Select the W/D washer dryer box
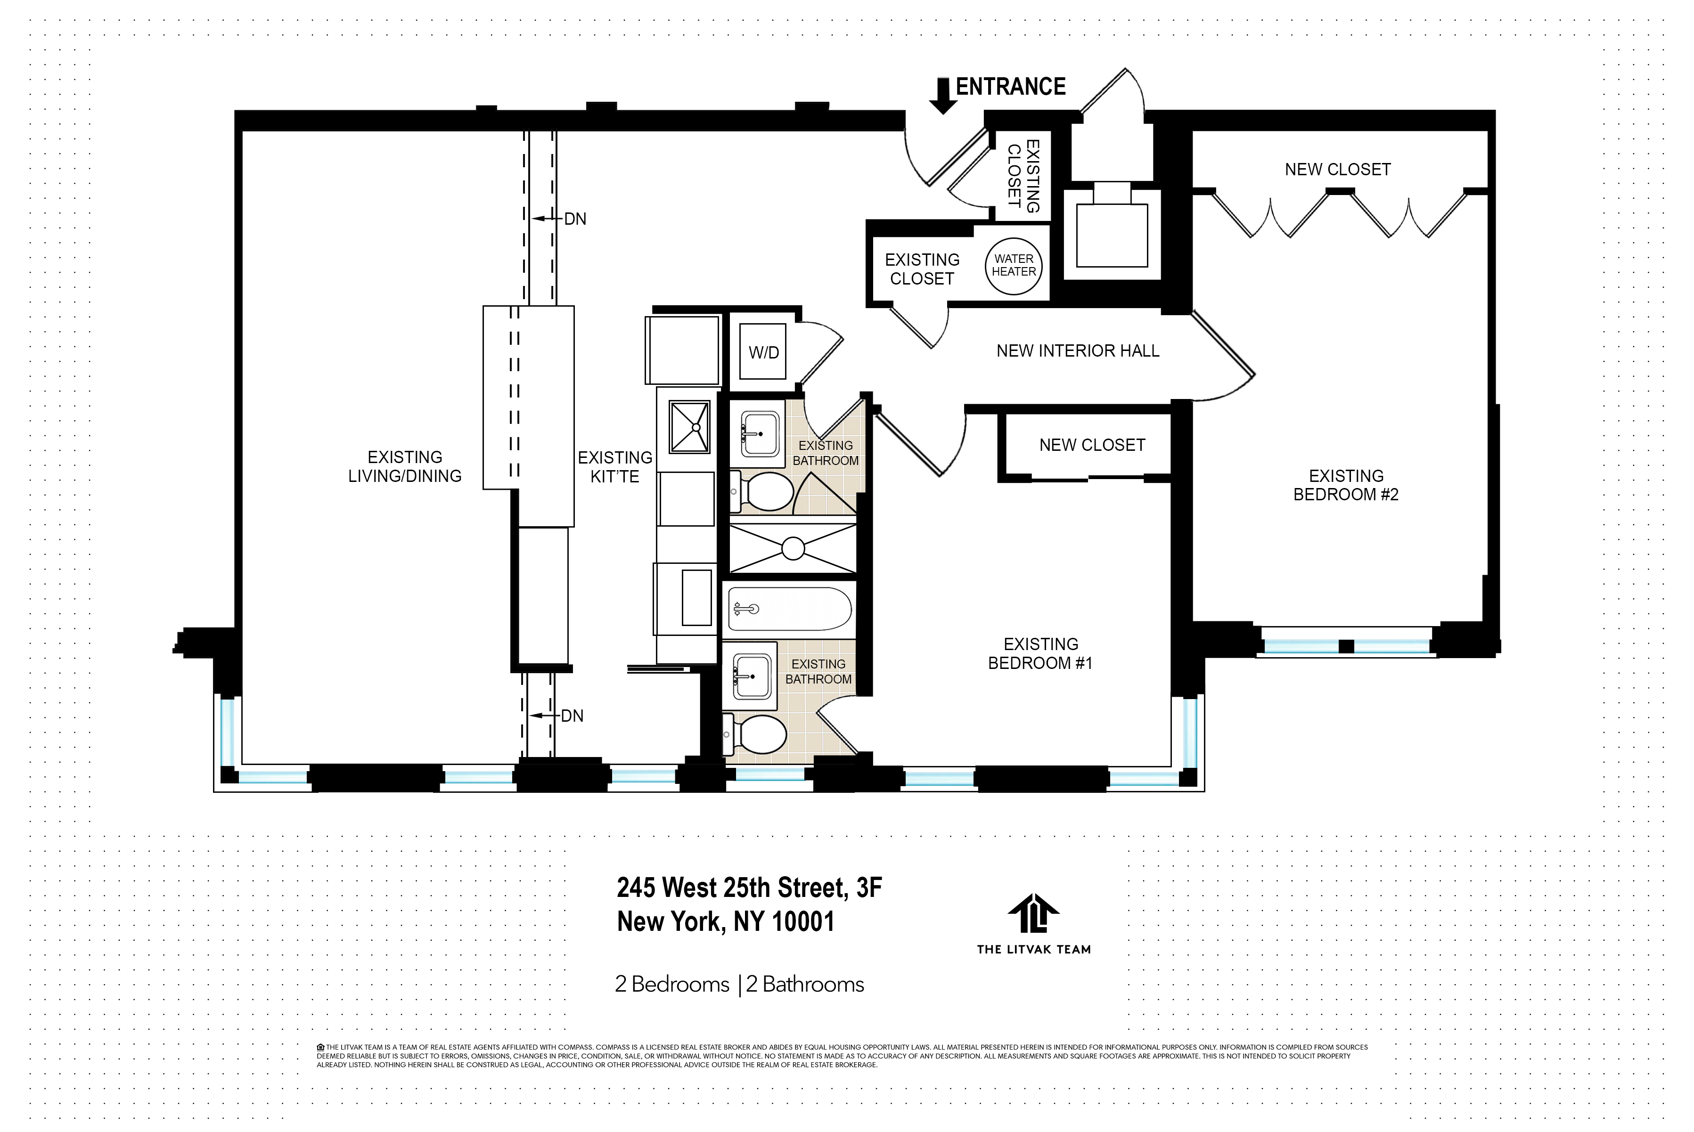point(763,352)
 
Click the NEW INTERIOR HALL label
point(1077,351)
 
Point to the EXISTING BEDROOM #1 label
point(1040,653)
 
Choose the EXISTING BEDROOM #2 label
point(1346,485)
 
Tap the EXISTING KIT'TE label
point(615,467)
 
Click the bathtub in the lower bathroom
point(790,609)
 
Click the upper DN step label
point(575,219)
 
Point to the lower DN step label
point(572,716)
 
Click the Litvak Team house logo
point(1033,913)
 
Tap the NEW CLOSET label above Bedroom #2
point(1337,170)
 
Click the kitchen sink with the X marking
point(689,427)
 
